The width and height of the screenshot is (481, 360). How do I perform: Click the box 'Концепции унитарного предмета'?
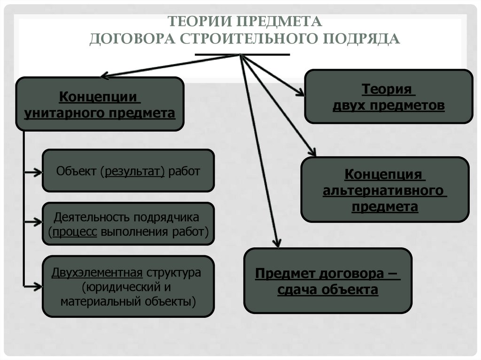coord(100,104)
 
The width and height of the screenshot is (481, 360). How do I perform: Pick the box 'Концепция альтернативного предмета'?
coord(384,189)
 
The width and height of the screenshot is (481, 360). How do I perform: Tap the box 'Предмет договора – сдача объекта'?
coord(327,281)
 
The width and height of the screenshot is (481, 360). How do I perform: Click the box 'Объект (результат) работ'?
coord(128,170)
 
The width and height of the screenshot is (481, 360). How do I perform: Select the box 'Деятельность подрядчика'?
coord(128,224)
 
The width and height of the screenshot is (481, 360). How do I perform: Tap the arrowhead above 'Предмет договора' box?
coord(277,244)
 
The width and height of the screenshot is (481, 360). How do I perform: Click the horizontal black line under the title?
coord(242,55)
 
